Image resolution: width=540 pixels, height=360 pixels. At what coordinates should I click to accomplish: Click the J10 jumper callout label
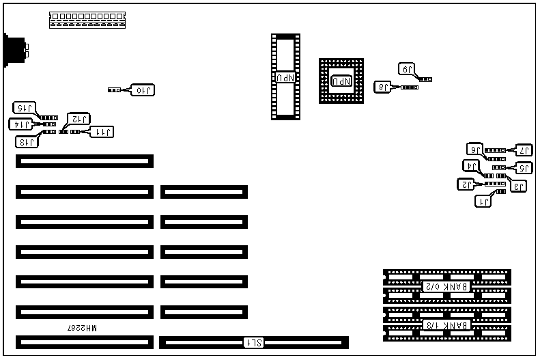coord(144,89)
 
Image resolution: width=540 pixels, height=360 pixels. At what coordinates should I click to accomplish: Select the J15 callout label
coord(25,107)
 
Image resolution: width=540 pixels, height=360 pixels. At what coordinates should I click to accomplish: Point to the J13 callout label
coord(27,141)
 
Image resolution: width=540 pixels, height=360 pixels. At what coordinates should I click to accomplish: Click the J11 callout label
coord(102,131)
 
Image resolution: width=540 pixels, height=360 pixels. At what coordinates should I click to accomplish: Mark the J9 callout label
coord(407,68)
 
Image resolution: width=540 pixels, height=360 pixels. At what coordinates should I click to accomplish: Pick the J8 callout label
coord(384,87)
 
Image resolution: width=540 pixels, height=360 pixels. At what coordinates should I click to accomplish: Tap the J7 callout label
coord(524,150)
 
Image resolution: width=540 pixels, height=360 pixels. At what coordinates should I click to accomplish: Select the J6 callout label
coord(475,149)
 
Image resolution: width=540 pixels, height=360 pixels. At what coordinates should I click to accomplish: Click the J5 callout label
coord(524,167)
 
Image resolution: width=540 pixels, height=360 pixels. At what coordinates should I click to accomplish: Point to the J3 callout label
coord(519,186)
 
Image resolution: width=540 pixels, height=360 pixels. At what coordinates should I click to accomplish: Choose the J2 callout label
coord(466,184)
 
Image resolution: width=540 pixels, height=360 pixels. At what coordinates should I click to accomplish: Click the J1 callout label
coord(483,201)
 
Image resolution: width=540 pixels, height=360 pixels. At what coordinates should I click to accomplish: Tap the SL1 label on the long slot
coord(254,342)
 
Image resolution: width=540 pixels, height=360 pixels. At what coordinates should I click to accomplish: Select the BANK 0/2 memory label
coord(446,286)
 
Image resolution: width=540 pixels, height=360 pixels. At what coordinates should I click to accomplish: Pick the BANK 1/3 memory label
coord(446,324)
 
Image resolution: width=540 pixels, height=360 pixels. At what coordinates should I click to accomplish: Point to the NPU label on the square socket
coord(341,81)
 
